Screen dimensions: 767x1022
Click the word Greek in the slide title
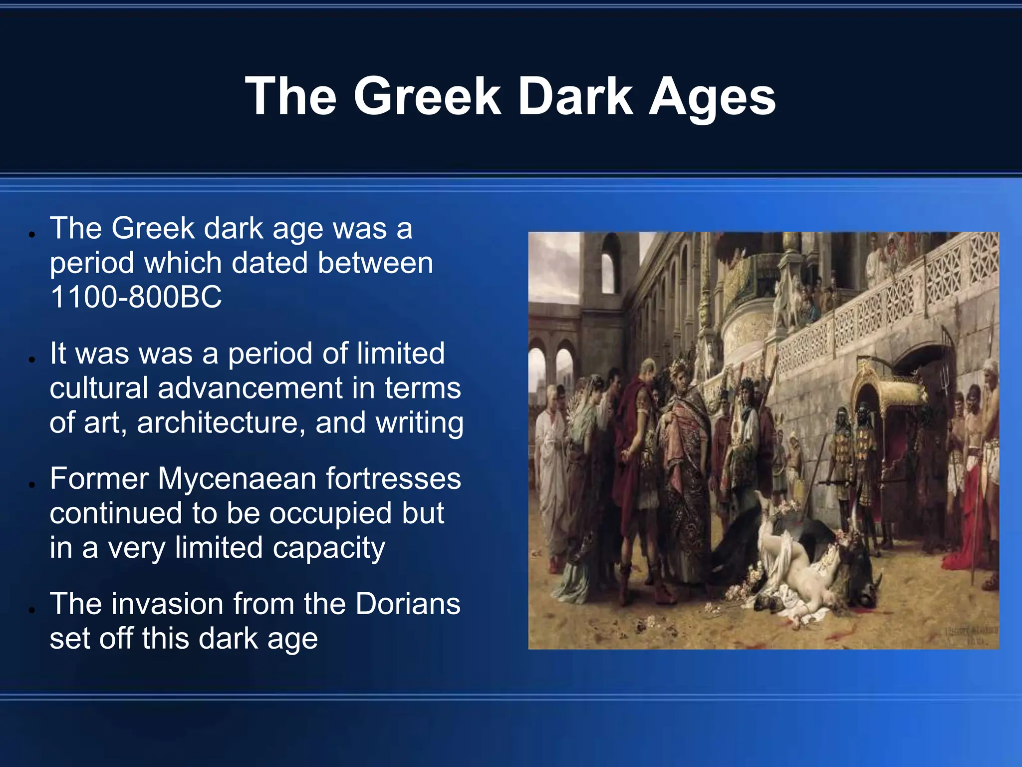coord(427,96)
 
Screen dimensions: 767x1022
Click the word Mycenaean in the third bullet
coord(237,478)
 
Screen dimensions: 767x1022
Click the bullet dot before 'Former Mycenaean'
coord(31,484)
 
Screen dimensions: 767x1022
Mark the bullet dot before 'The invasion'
coord(31,609)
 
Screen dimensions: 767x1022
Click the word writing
coord(419,423)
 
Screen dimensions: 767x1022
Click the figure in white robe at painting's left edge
coord(549,464)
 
